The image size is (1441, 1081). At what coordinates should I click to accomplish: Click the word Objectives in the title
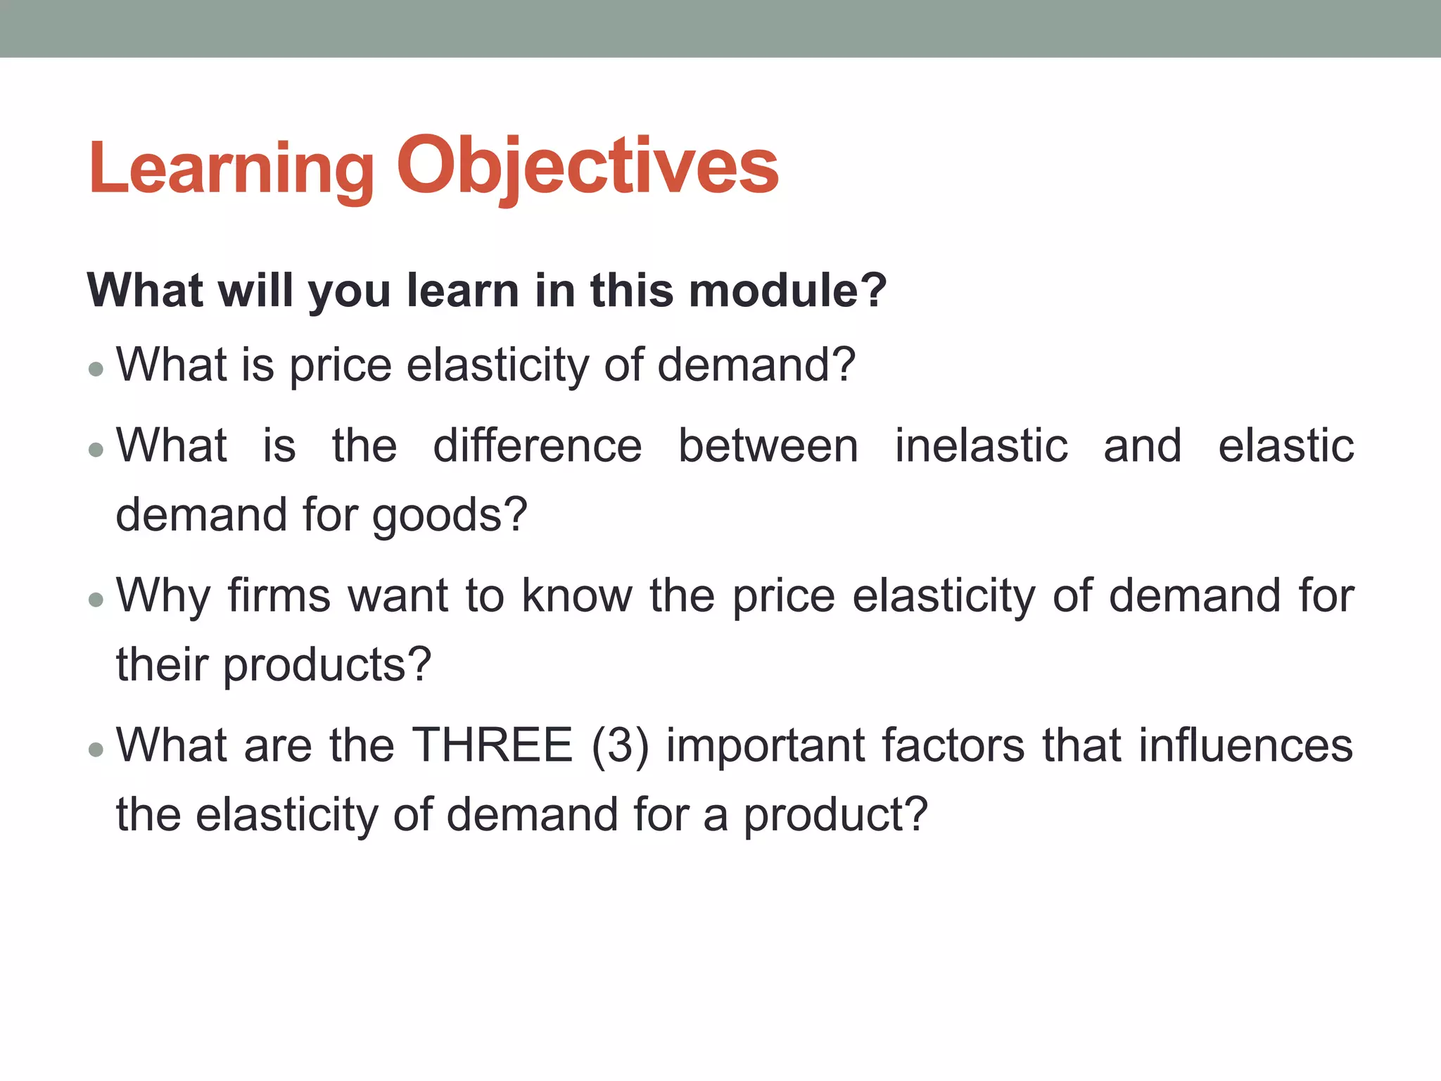point(588,169)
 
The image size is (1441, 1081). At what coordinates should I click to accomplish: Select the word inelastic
point(981,446)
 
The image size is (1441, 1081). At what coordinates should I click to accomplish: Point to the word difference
point(537,446)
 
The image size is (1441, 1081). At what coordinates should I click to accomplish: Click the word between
point(768,446)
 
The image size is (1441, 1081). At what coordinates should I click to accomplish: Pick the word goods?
point(450,515)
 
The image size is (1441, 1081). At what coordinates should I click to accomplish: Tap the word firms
point(279,595)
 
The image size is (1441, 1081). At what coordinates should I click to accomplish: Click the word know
point(577,595)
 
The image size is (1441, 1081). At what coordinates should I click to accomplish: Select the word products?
point(326,664)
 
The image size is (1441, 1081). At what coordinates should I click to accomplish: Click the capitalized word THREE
point(493,745)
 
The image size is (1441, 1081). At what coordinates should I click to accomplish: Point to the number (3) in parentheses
point(620,745)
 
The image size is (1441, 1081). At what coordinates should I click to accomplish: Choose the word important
point(766,745)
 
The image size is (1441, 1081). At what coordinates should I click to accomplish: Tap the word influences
point(1245,745)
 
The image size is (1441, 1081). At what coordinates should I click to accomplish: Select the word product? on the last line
point(836,815)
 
